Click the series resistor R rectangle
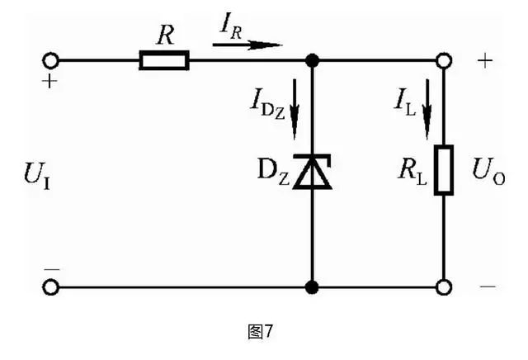pos(163,60)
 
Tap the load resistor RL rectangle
pos(444,170)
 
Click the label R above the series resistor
pos(163,35)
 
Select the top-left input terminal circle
pos(52,60)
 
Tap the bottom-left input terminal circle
pos(52,287)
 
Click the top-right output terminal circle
pos(444,60)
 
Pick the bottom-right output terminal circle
pos(444,287)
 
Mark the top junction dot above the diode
pos(313,60)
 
